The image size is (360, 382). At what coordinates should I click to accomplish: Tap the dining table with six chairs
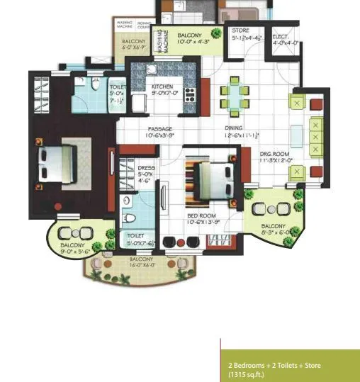click(235, 97)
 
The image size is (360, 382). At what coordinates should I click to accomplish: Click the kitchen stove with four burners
click(190, 93)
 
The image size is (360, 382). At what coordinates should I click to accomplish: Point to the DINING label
click(235, 128)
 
